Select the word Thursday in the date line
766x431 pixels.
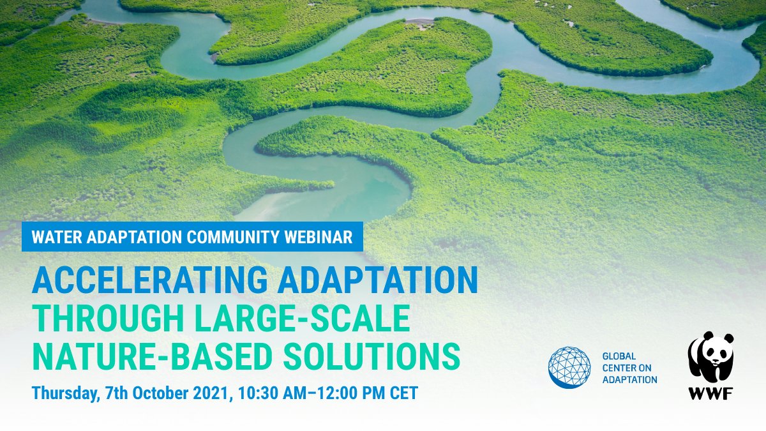pyautogui.click(x=64, y=393)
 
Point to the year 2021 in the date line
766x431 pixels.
pyautogui.click(x=214, y=393)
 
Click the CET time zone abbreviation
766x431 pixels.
pyautogui.click(x=403, y=393)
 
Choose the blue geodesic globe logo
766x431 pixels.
pyautogui.click(x=569, y=368)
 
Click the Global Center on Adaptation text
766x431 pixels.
pyautogui.click(x=629, y=368)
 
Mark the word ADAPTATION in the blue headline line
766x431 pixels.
pyautogui.click(x=373, y=280)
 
